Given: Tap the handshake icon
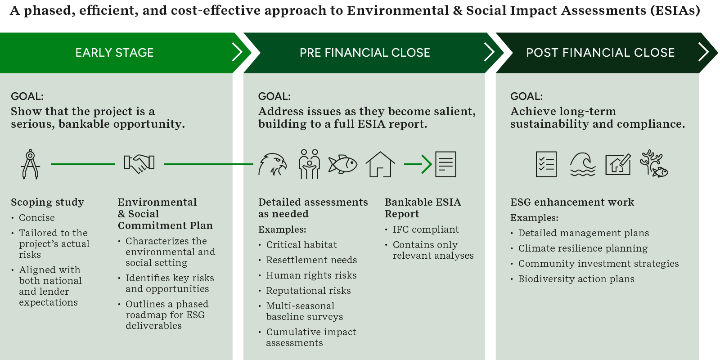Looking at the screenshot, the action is pos(139,163).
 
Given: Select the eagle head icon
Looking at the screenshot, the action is pos(272,165).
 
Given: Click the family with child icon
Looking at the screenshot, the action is pos(309,164).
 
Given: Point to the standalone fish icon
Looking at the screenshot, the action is pos(342,164).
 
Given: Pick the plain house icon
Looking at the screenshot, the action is pos(380,164).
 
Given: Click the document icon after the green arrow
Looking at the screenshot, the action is pos(445,164).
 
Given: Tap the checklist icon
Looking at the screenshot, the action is pos(546,164).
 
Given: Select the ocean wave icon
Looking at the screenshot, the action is pos(582,164).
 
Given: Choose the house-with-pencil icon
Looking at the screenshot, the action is pos(618,165).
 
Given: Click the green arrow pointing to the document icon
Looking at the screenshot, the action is pos(418,164).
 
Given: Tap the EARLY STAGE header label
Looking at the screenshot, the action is pos(114,53).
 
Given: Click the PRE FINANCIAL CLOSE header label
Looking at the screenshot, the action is pos(365,53).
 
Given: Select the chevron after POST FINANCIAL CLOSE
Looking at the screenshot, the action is pos(704,52).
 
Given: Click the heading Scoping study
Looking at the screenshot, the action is pos(48,202).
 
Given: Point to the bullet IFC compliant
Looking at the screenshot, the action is pos(426,229).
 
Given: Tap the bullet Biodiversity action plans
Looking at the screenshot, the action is pos(576,279).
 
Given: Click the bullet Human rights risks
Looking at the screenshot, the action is pos(311,275).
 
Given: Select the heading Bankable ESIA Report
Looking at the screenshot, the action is pos(423,208).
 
